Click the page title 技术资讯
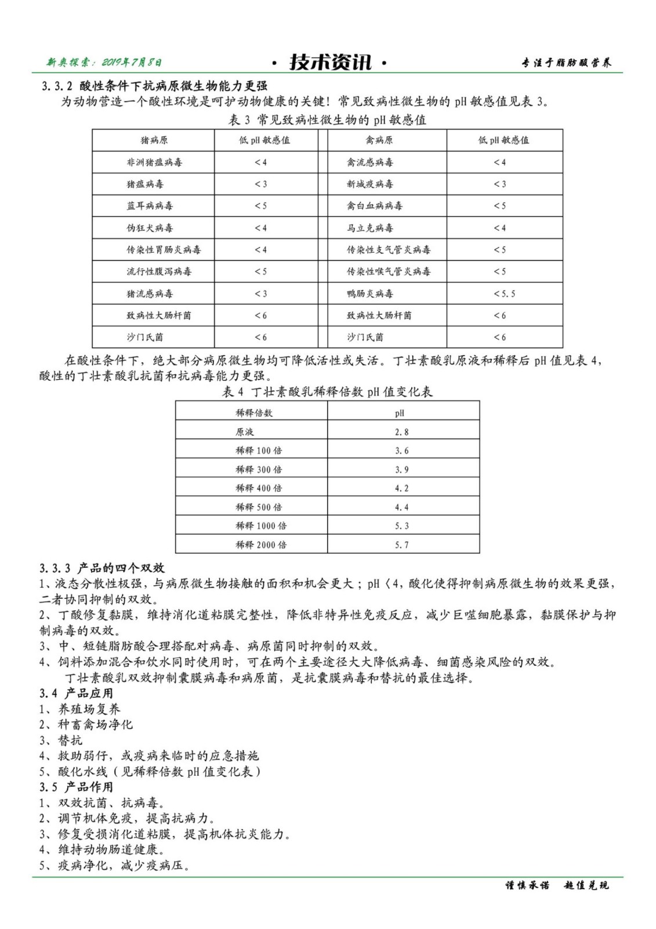[329, 62]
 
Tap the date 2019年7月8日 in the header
[132, 62]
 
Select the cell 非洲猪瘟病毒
[154, 163]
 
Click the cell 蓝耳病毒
[150, 206]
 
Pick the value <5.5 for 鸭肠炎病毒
[504, 294]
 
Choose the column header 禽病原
[379, 141]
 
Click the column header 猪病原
[154, 141]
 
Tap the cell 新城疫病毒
[370, 184]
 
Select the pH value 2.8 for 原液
[401, 432]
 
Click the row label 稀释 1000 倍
[260, 526]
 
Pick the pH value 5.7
[401, 545]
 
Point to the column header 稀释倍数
[253, 413]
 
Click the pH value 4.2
[401, 488]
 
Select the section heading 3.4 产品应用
[77, 693]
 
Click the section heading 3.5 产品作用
[77, 787]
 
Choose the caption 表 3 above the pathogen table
[328, 120]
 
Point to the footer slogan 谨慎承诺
[527, 886]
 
